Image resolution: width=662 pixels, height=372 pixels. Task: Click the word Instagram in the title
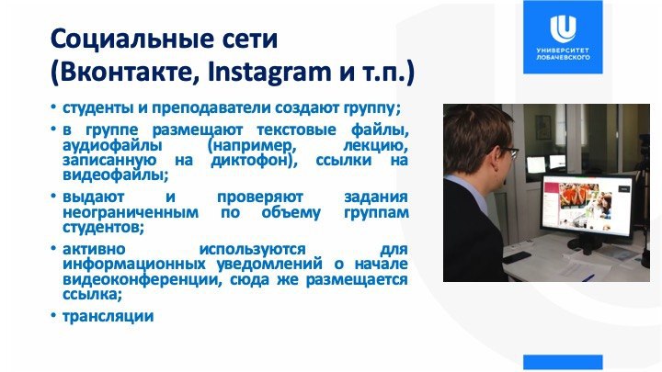click(x=269, y=73)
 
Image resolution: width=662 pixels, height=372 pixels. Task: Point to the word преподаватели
click(x=211, y=108)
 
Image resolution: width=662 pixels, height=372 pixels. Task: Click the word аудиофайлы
click(x=112, y=145)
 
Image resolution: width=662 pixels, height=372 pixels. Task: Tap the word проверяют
click(x=260, y=197)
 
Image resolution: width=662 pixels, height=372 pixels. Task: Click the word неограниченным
click(x=131, y=212)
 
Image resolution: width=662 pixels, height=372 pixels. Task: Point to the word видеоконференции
click(x=142, y=279)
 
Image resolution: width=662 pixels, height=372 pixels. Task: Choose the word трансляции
click(x=108, y=316)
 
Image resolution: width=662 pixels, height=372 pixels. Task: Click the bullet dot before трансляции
click(x=53, y=315)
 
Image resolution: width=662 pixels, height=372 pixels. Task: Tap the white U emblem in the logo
click(x=563, y=28)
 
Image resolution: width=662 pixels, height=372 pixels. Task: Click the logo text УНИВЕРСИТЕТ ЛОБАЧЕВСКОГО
click(x=563, y=53)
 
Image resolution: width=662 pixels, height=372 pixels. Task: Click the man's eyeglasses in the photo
click(x=511, y=152)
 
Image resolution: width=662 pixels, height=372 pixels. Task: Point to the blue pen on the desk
click(x=588, y=277)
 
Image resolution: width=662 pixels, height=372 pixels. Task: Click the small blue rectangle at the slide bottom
click(x=563, y=362)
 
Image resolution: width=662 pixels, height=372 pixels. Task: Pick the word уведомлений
click(x=269, y=265)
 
